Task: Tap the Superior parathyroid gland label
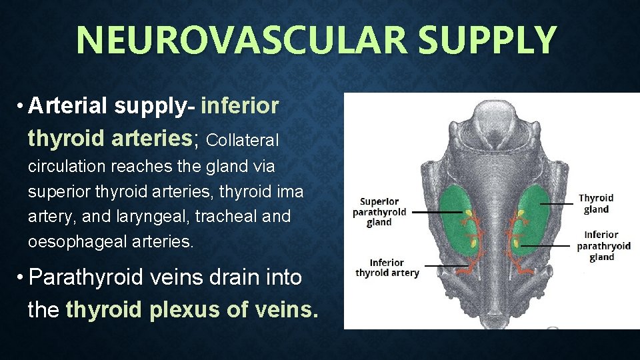click(x=379, y=212)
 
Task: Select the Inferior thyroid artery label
click(x=387, y=267)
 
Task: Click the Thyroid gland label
click(x=596, y=203)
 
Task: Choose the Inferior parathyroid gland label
click(x=603, y=245)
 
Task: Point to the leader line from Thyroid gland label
click(x=556, y=203)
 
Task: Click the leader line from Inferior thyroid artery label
click(x=447, y=266)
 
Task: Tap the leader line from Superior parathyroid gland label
click(x=437, y=212)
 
